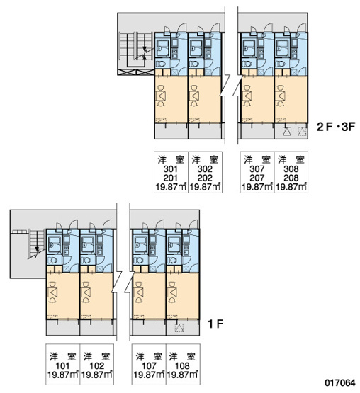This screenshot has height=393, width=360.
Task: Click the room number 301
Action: tap(171, 169)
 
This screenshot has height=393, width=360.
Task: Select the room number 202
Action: tap(205, 178)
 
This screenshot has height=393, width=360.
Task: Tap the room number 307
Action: tap(257, 169)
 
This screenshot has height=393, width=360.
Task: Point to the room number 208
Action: tap(291, 178)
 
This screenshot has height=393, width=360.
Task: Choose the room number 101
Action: tap(62, 366)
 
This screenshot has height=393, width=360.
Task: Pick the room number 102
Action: tap(97, 366)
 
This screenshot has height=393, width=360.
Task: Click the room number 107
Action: tap(149, 366)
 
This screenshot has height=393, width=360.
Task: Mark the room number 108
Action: tap(182, 366)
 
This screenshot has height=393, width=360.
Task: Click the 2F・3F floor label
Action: tap(336, 127)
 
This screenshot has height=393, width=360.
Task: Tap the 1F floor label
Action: tap(215, 324)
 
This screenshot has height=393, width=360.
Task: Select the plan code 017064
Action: tap(340, 382)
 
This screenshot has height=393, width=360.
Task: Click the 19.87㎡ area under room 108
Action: tap(182, 375)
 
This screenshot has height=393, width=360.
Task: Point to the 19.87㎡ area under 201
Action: tap(171, 187)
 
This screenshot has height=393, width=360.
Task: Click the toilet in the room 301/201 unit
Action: tap(161, 64)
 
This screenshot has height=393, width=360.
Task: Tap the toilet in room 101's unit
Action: tap(52, 261)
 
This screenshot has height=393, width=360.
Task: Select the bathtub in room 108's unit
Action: tap(174, 244)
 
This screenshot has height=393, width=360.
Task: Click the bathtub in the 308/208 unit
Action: tap(282, 47)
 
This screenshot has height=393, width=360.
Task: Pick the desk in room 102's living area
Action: tap(86, 292)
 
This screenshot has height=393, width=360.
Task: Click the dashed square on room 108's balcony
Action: tap(179, 328)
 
